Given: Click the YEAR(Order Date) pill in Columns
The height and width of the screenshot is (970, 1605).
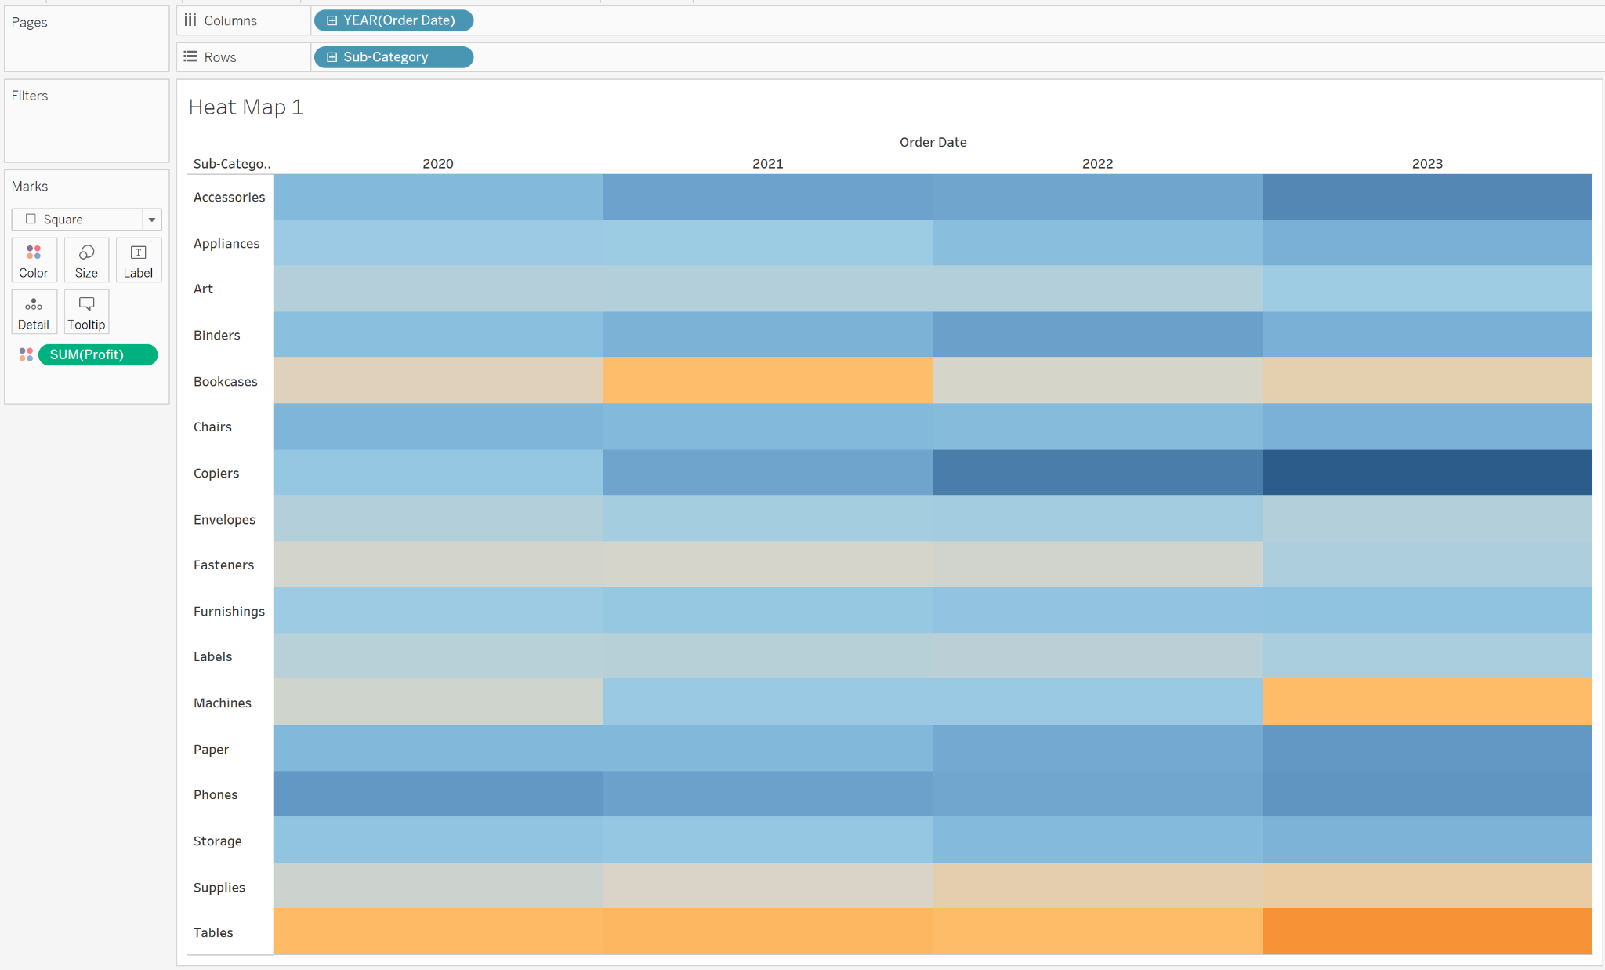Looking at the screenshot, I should point(393,20).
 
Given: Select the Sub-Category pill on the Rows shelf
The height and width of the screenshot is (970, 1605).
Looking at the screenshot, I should point(393,57).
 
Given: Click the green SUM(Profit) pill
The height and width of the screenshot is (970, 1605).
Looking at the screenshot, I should point(97,355).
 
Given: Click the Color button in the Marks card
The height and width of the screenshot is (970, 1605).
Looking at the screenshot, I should point(34,260).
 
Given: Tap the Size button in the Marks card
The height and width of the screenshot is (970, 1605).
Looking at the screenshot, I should point(86,260).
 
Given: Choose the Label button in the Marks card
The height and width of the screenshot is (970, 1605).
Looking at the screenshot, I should point(138,260).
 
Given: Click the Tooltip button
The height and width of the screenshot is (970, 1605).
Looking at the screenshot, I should point(86,312).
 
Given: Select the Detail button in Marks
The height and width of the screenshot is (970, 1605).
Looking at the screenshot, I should point(34,312).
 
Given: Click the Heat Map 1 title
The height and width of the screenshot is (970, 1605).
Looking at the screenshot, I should point(246,107).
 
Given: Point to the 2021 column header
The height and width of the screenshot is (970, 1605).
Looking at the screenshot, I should point(767,164).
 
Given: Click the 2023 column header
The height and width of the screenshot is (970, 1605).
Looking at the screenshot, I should point(1427,164).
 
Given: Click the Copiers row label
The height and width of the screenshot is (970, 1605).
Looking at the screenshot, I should point(216,474).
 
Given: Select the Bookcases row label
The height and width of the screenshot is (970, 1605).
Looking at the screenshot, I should point(225,382).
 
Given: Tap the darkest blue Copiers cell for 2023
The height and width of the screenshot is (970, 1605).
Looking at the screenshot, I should point(1427,472).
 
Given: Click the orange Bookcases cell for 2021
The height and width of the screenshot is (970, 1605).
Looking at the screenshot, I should point(767,380).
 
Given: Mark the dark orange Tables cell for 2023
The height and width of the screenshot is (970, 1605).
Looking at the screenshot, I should point(1427,932).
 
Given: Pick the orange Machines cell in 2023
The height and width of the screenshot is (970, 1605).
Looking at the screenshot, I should point(1427,702).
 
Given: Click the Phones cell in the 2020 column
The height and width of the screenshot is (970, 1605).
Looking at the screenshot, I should point(438,794).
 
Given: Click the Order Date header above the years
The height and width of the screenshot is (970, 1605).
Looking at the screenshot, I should point(933,143).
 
